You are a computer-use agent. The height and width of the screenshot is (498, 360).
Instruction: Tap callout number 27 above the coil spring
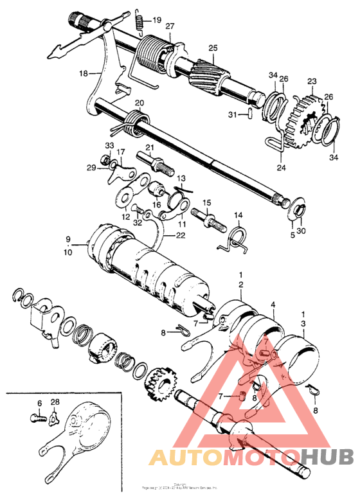point(170,26)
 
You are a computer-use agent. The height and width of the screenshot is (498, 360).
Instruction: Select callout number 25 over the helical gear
point(213,48)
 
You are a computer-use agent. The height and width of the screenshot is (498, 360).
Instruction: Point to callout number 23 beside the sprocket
point(312,82)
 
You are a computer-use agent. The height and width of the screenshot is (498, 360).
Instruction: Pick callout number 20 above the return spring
point(139,103)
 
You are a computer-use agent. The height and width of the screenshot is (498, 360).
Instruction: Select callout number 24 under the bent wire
point(280,168)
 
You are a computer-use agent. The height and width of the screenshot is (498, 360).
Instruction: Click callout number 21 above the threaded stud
point(150,148)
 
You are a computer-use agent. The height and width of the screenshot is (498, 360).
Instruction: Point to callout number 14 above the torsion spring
point(238,215)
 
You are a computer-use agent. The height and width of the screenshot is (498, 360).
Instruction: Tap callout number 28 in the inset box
point(55,402)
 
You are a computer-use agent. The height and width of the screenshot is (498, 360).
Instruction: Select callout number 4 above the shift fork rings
point(273,304)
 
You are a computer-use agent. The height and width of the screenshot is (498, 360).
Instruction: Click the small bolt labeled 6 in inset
point(38,417)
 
